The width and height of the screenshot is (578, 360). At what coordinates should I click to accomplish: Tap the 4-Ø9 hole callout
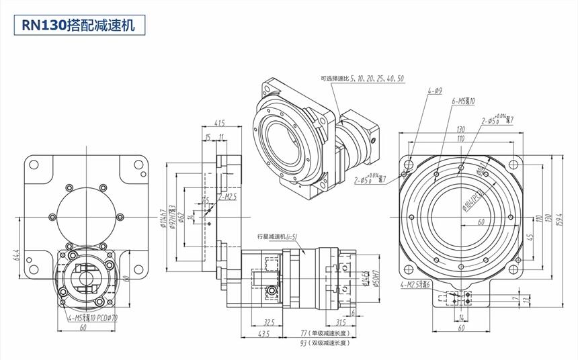click(434, 91)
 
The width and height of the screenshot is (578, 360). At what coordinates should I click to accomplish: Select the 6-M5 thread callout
click(463, 101)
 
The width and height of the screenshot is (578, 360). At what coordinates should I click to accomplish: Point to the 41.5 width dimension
click(219, 123)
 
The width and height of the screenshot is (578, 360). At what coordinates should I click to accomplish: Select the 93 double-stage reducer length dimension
click(327, 343)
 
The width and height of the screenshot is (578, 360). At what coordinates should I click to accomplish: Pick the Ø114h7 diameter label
click(164, 216)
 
